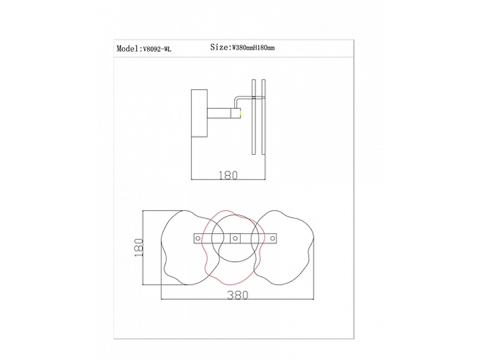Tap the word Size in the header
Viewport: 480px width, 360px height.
point(219,47)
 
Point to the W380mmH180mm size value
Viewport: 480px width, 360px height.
point(253,48)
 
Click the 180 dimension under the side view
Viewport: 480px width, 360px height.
point(228,175)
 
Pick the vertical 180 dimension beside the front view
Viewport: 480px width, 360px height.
point(139,247)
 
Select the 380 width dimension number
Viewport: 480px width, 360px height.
point(237,295)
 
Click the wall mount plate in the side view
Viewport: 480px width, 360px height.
point(199,113)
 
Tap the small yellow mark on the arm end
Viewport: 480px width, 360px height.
point(241,113)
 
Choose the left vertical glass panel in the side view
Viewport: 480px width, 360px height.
point(254,117)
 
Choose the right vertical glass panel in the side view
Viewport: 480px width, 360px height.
point(262,117)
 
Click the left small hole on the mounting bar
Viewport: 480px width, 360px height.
point(198,238)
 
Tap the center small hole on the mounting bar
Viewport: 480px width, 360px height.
point(234,238)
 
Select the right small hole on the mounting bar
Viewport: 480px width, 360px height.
point(272,238)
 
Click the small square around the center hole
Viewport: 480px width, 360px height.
point(234,234)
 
